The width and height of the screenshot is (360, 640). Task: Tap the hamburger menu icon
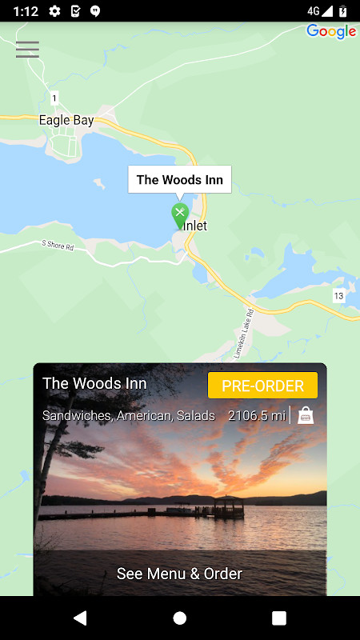[x=27, y=50]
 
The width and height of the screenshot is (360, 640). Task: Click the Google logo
[x=330, y=32]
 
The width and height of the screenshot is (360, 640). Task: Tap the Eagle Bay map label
[x=66, y=121]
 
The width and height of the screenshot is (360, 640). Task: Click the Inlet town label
[x=195, y=226]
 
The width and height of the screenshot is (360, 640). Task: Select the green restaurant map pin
[x=180, y=214]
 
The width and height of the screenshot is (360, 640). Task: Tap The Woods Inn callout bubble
[x=180, y=179]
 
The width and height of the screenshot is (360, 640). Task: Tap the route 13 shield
[x=338, y=296]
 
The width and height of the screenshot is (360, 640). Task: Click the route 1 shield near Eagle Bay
[x=54, y=98]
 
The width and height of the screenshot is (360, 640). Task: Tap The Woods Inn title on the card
[x=94, y=383]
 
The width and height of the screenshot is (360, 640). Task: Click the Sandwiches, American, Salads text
[x=129, y=415]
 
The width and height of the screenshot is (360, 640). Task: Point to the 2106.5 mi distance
[x=256, y=415]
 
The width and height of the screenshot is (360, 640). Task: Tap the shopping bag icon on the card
[x=306, y=415]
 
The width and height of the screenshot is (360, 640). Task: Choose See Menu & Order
[x=179, y=573]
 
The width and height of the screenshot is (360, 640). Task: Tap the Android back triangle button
[x=79, y=618]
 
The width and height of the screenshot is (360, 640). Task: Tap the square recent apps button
[x=279, y=618]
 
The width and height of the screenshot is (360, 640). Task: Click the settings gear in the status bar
[x=54, y=11]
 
